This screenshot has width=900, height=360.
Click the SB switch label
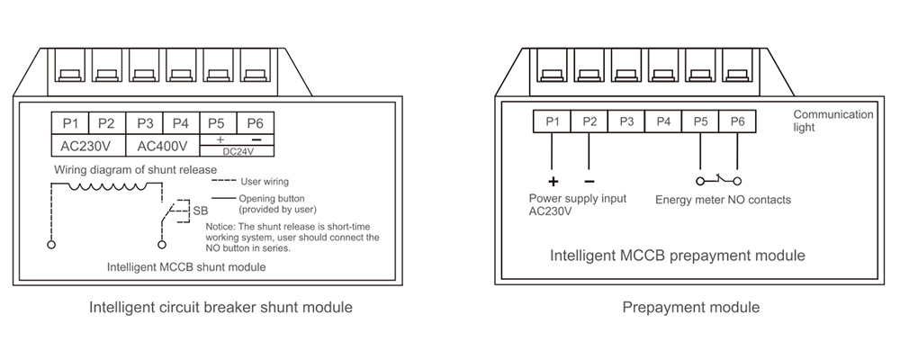point(201,211)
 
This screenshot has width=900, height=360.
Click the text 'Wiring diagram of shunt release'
point(136,169)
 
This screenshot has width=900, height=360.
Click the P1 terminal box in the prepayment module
point(553,121)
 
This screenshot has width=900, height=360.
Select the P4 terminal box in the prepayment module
point(663,121)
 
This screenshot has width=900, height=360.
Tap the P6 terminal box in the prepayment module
point(737,121)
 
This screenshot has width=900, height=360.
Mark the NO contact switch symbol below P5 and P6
point(718,178)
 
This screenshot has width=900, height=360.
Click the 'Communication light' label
point(832,121)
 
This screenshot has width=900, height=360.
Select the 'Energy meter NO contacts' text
point(723,199)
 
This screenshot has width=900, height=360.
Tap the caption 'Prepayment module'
point(691,308)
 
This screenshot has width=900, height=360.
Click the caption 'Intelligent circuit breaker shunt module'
point(220,308)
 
